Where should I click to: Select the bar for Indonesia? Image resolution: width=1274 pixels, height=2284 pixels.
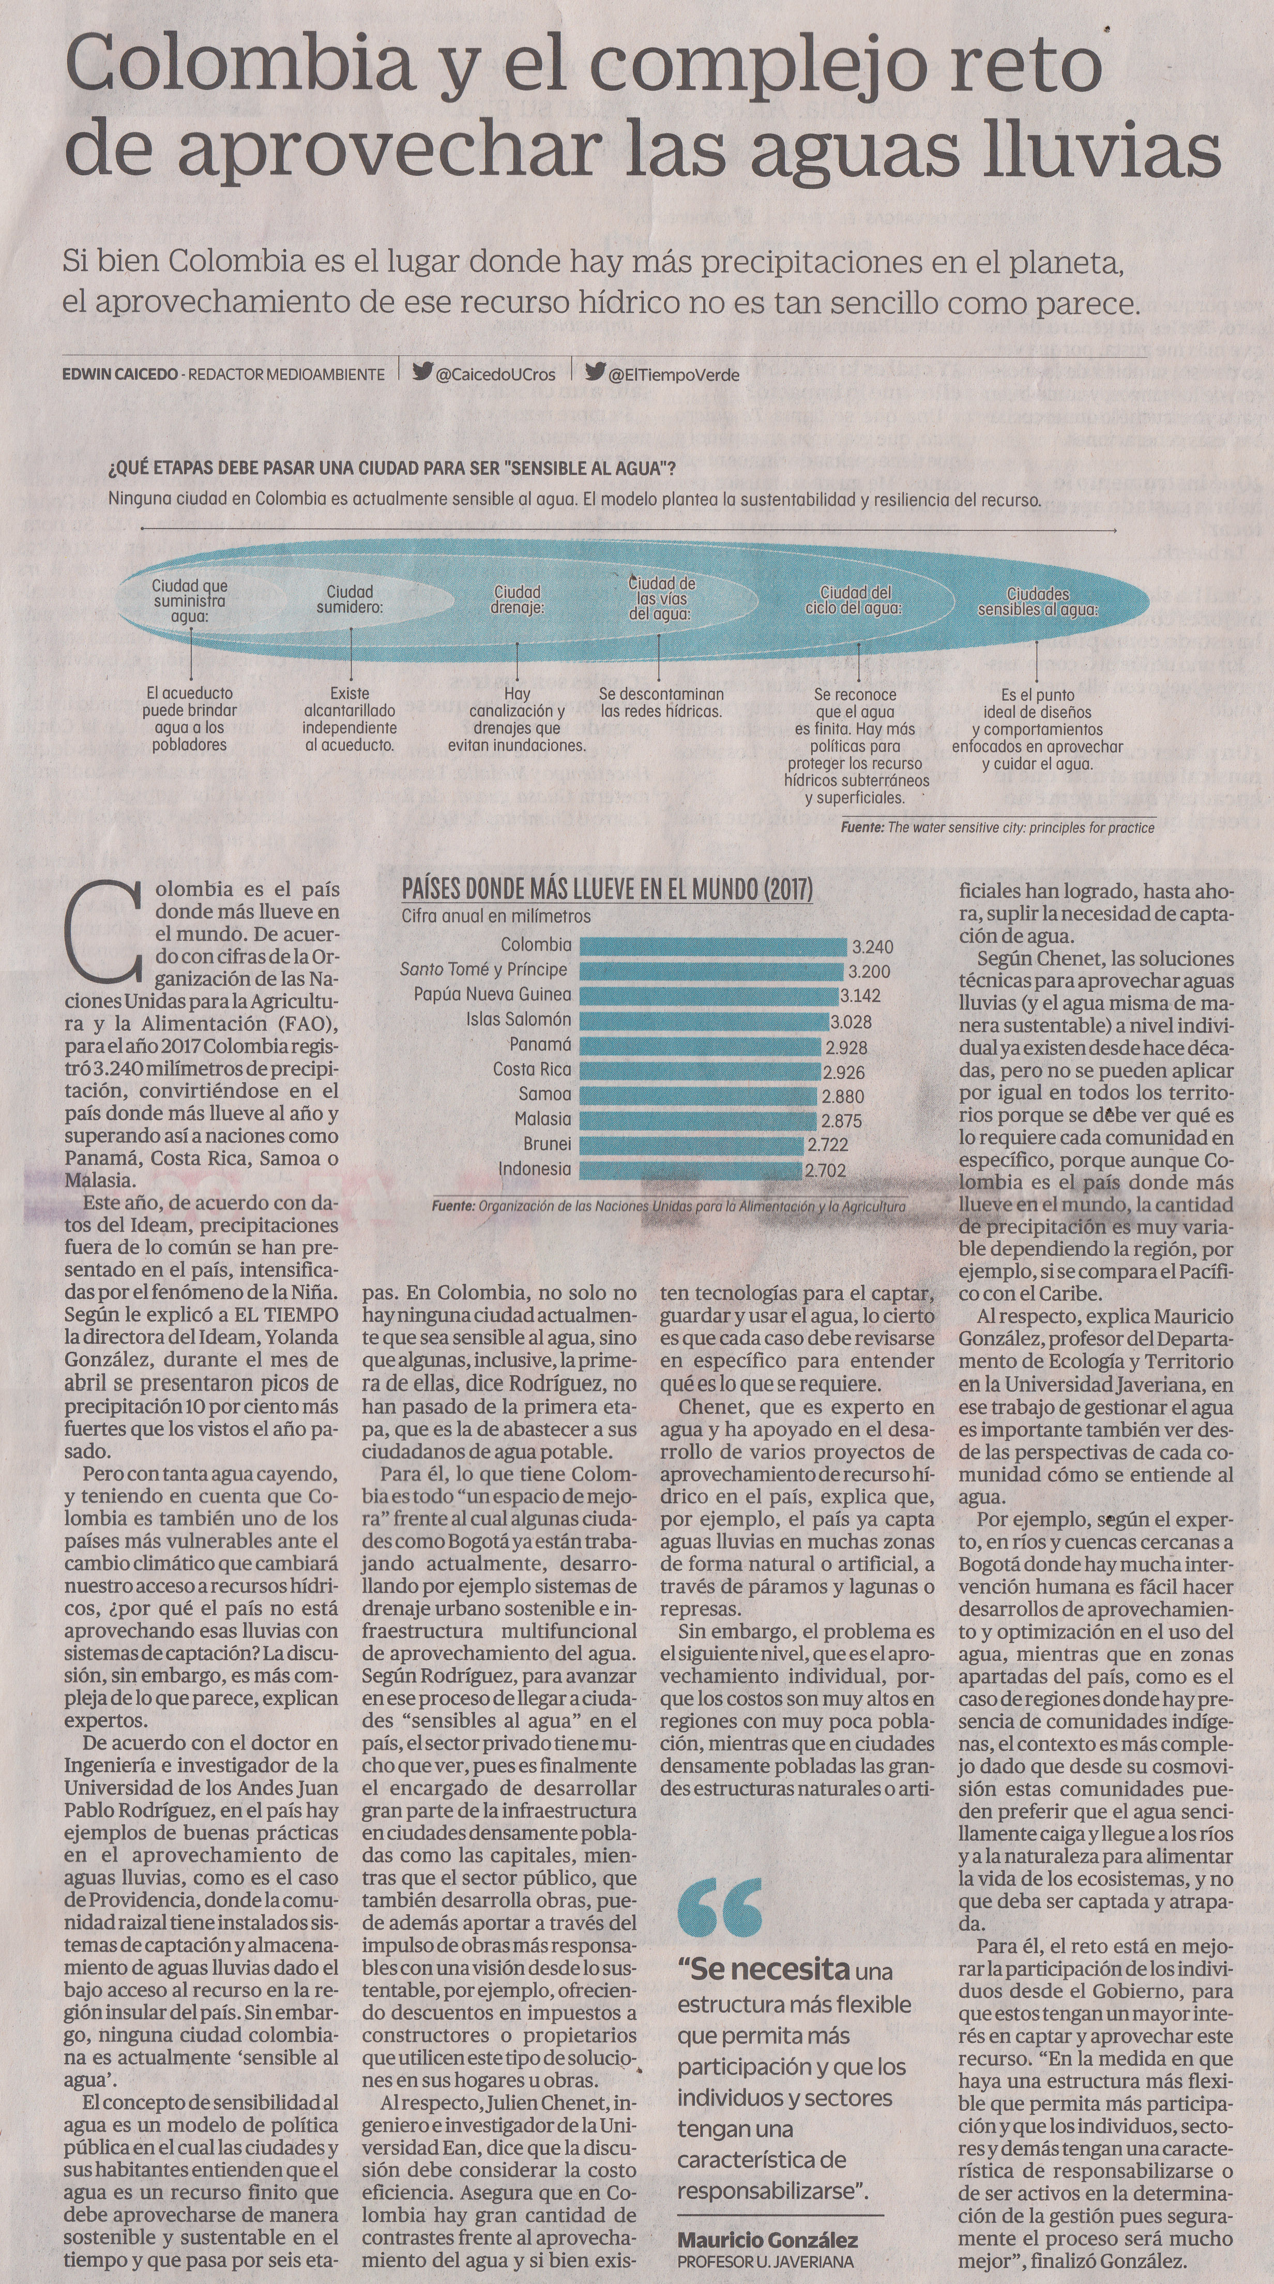(x=691, y=1169)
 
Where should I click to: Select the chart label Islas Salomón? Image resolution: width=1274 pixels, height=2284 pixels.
(x=519, y=1019)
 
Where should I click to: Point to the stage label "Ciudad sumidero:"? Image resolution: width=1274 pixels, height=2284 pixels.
(x=350, y=599)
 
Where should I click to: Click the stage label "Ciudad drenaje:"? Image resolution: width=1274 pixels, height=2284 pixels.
(x=518, y=599)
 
